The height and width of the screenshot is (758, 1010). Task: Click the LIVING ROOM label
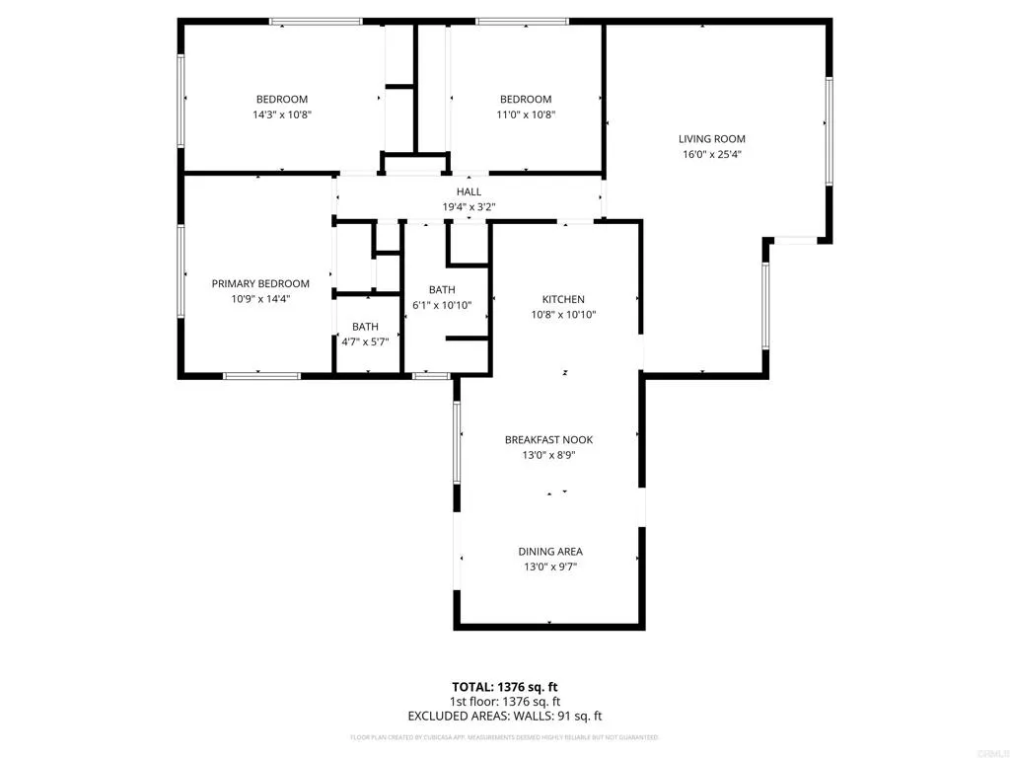[x=711, y=139]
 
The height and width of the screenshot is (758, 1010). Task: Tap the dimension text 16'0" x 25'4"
[x=711, y=154]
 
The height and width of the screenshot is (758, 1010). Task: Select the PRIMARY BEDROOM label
[x=260, y=283]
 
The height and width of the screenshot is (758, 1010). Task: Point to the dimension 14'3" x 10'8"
[x=282, y=114]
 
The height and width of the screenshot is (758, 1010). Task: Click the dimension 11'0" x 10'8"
[x=525, y=114]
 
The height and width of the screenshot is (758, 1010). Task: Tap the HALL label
[x=469, y=191]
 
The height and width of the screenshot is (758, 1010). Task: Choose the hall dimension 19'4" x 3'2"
[x=469, y=207]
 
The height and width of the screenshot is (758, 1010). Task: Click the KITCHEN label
[x=563, y=299]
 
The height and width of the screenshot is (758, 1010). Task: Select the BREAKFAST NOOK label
[x=548, y=440]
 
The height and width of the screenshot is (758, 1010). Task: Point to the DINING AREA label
[x=550, y=552]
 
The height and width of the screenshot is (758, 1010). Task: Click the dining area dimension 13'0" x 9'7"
[x=550, y=567]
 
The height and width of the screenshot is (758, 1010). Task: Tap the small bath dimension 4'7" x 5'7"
[x=365, y=341]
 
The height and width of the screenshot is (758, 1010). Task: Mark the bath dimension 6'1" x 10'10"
[x=441, y=305]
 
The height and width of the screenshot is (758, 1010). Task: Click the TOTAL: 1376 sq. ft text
[x=504, y=687]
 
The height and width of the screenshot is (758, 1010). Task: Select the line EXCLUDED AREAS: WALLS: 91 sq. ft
[x=504, y=716]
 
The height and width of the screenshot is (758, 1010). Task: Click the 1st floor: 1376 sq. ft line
[x=504, y=702]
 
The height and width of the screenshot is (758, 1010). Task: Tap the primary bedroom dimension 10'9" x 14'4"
[x=260, y=298]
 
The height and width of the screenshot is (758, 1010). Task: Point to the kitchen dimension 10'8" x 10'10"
[x=563, y=315]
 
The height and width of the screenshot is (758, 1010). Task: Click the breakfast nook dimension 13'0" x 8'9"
[x=548, y=455]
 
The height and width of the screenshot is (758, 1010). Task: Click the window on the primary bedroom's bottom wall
[x=261, y=375]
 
